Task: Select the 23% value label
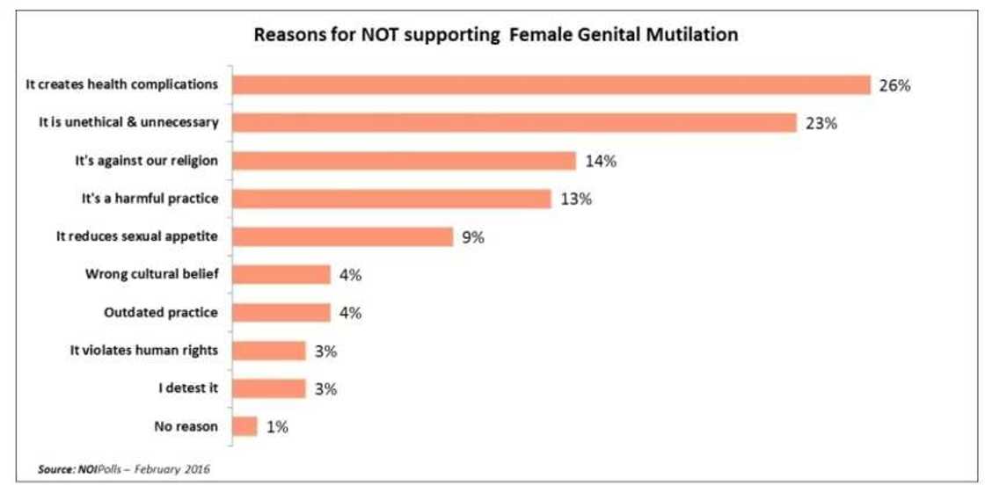(821, 123)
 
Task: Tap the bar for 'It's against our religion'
(405, 161)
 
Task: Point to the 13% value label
(575, 199)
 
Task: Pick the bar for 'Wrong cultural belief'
(281, 274)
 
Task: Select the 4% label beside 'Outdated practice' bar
(349, 313)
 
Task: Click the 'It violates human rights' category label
(144, 350)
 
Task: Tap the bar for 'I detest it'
(269, 388)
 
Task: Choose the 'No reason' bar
(244, 426)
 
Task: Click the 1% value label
(276, 427)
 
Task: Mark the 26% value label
(894, 85)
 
